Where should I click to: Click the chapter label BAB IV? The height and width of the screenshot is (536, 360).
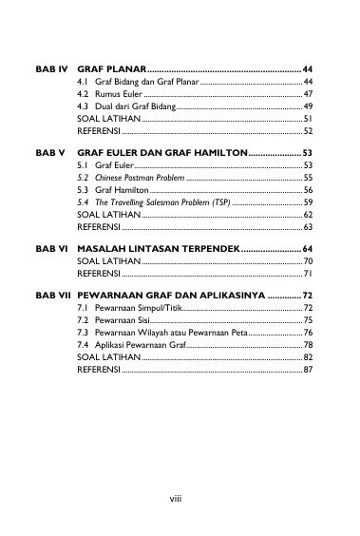pos(50,70)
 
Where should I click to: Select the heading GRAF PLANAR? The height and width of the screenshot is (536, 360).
pos(112,70)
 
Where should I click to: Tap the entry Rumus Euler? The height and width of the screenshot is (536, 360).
pos(110,95)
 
